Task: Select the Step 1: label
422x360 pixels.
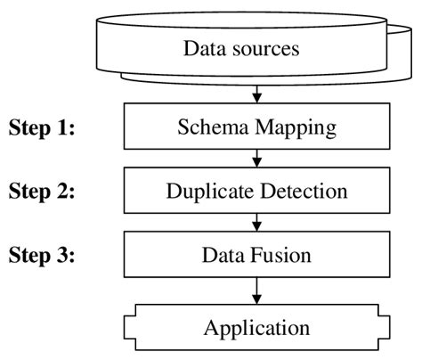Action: point(42,127)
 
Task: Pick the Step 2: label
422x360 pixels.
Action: point(42,192)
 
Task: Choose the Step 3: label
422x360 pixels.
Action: point(42,256)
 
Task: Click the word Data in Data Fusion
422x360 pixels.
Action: point(223,256)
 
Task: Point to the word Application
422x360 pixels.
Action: point(256,327)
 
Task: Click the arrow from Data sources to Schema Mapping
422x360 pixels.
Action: point(256,93)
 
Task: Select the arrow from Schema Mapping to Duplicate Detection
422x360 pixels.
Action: point(256,159)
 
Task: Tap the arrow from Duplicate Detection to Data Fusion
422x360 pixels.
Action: point(256,223)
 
